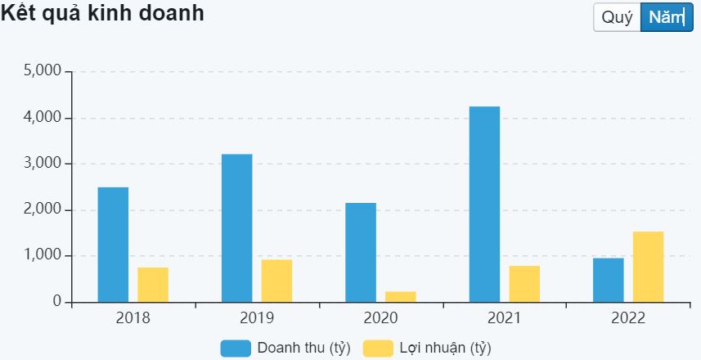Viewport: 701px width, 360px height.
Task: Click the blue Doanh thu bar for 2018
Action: (x=113, y=245)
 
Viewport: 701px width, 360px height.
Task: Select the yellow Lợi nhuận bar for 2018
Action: (x=153, y=285)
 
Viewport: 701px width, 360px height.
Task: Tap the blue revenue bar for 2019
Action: (x=236, y=228)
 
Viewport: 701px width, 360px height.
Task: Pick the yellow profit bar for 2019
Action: (x=276, y=281)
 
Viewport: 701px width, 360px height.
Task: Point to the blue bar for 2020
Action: (x=361, y=252)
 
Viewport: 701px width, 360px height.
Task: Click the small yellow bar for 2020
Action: (x=401, y=296)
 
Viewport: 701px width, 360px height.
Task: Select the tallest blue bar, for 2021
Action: (x=484, y=205)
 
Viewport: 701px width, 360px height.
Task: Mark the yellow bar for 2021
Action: (x=524, y=284)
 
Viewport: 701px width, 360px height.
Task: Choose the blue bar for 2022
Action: (x=609, y=280)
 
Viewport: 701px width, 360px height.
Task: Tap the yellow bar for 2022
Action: (x=648, y=267)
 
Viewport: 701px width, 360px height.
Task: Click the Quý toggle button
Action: (x=617, y=18)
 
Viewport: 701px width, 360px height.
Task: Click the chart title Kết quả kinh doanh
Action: (x=103, y=14)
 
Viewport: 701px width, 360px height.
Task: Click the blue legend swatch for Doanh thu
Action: (x=236, y=349)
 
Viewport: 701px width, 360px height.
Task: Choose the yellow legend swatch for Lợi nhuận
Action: (x=377, y=349)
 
